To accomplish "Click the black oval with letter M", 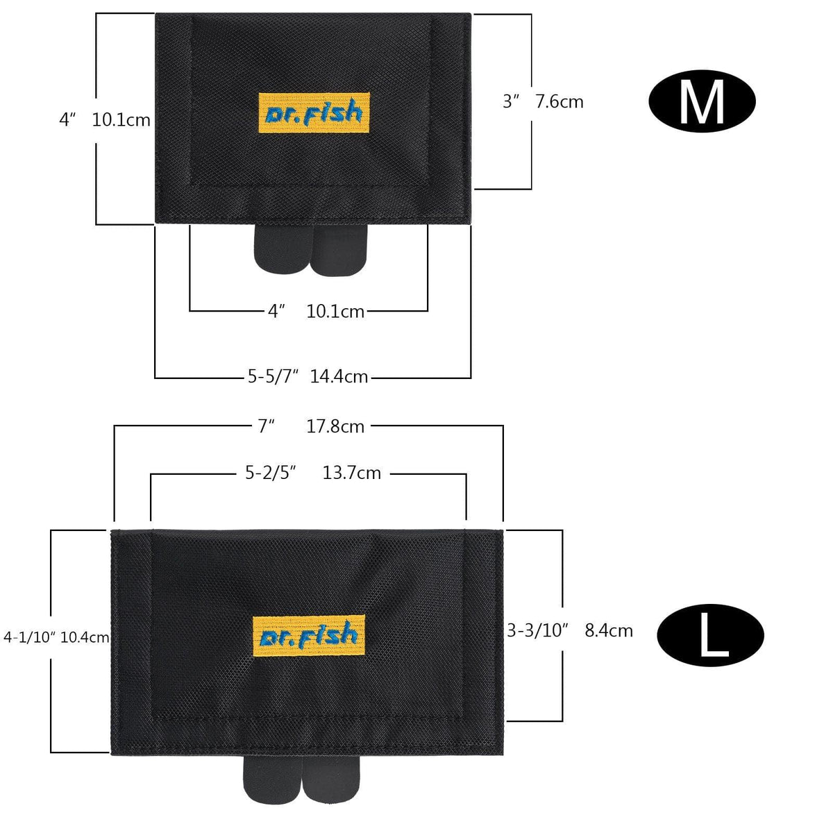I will [701, 101].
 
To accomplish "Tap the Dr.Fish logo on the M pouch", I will [314, 113].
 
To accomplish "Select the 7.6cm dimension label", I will [559, 102].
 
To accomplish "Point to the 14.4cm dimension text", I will [339, 377].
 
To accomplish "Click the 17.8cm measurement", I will [335, 426].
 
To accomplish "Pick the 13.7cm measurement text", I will [352, 473].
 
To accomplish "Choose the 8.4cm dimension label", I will [609, 630].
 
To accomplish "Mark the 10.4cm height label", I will [85, 637].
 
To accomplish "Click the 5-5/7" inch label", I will [273, 377].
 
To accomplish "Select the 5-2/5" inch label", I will [271, 473].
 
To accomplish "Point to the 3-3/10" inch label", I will [538, 630].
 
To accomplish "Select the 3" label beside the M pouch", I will [512, 102].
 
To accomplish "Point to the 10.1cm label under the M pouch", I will [335, 312].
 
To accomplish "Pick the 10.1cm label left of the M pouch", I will [121, 120].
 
